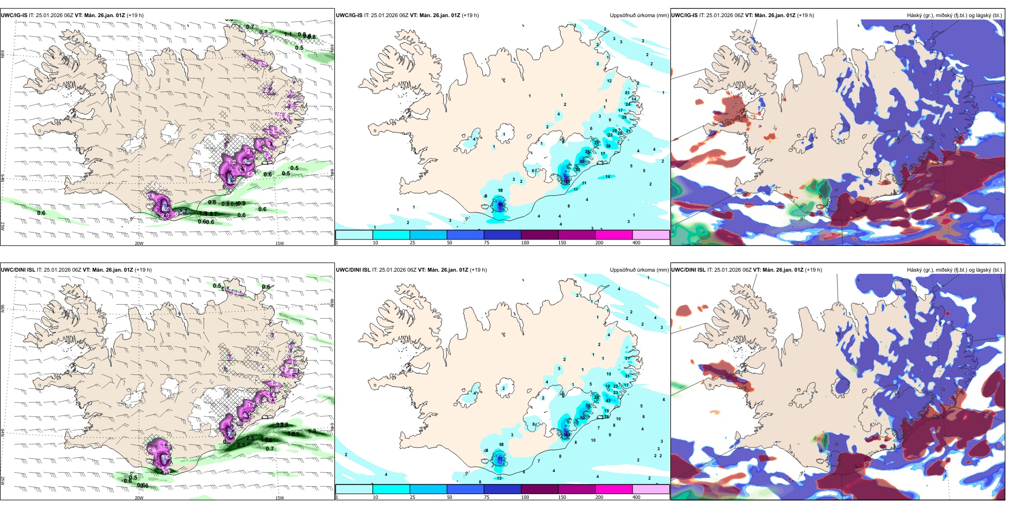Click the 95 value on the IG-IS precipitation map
(x=500, y=204)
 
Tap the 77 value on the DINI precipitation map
(x=500, y=459)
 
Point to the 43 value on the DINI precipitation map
(x=608, y=401)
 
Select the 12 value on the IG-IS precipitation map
(x=609, y=81)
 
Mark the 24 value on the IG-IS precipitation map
(x=628, y=104)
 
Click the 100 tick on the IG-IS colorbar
(x=525, y=243)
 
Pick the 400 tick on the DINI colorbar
(x=636, y=497)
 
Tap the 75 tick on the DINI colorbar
(x=486, y=497)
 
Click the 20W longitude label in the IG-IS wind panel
(x=139, y=243)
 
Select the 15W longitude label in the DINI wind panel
(x=279, y=498)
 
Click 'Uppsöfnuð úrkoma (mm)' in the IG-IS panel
(x=639, y=16)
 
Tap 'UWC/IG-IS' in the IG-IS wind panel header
(x=14, y=16)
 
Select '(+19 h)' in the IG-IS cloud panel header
(x=806, y=16)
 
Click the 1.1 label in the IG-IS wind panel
(x=288, y=35)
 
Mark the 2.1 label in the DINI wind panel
(x=241, y=445)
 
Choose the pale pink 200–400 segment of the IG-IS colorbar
(x=651, y=234)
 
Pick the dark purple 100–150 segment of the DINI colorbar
(x=540, y=489)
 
